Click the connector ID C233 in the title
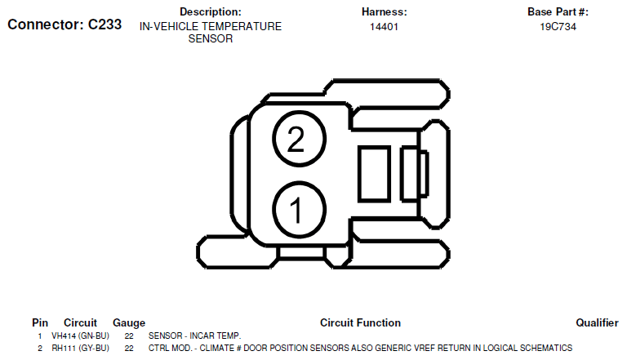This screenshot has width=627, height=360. click(x=104, y=24)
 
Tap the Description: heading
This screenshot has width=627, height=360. click(x=211, y=11)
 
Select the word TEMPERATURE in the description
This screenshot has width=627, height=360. click(x=247, y=26)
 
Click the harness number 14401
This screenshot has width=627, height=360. click(x=384, y=27)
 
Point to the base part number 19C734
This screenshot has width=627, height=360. click(x=558, y=27)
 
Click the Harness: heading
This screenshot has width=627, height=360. click(x=384, y=11)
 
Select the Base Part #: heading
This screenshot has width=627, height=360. click(x=558, y=11)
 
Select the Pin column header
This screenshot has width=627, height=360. click(x=40, y=322)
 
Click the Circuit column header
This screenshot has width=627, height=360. click(x=80, y=322)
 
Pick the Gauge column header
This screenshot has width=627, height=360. click(x=129, y=323)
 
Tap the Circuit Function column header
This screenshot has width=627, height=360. click(x=360, y=322)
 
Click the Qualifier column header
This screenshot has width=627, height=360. click(x=597, y=322)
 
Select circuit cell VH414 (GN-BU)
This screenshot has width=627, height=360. click(x=80, y=336)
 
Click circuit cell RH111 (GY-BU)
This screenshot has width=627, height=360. click(x=80, y=349)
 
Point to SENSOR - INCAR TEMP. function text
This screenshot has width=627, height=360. click(x=195, y=336)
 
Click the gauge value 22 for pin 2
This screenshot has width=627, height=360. click(x=129, y=349)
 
